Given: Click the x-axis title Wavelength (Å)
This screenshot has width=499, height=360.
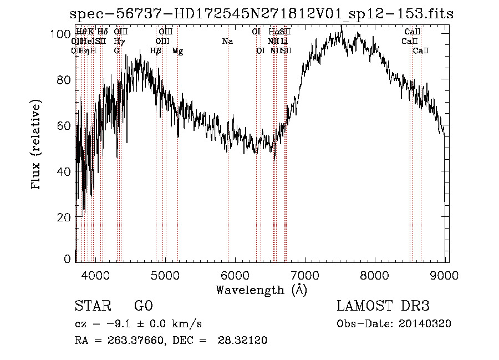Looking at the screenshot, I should [x=261, y=290].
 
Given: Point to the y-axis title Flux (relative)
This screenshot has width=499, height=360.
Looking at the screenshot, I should [x=37, y=146].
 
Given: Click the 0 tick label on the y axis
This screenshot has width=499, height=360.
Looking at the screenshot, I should [x=68, y=259].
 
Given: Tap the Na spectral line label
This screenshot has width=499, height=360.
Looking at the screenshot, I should [x=227, y=41].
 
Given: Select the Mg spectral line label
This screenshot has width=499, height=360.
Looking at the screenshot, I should [x=177, y=51].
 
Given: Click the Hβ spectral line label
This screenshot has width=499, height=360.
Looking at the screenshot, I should [x=156, y=51].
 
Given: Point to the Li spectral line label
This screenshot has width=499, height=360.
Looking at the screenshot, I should [x=284, y=41].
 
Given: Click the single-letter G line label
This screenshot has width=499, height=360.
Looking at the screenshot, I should [x=117, y=51].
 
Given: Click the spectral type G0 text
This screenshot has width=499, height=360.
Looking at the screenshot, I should [x=143, y=306].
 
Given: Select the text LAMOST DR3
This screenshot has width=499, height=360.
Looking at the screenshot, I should [x=383, y=306].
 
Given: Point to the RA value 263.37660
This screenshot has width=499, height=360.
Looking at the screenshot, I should [x=137, y=341].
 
